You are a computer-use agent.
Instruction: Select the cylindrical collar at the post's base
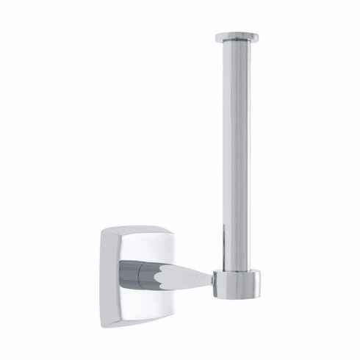pos(237,284)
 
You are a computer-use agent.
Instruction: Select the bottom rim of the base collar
pos(237,296)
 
